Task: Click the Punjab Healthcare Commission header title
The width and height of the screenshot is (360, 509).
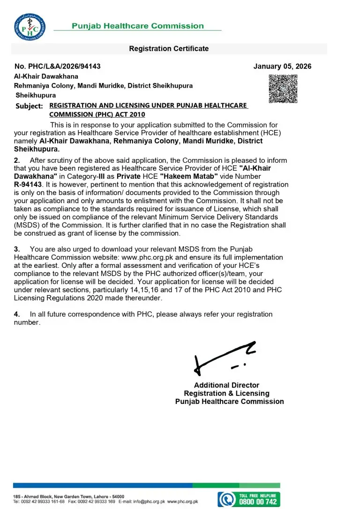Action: coord(137,26)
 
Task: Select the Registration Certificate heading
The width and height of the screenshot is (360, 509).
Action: coord(169,49)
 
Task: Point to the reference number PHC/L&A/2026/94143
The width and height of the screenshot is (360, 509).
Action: coord(58,67)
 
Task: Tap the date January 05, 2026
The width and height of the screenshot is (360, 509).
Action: coord(282,67)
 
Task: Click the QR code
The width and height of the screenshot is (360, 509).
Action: coord(283,89)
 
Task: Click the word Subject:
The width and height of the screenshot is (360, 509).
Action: coord(29,106)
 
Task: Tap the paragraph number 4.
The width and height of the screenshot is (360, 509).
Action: coord(17,314)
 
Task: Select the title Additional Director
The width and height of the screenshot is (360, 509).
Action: coord(226,386)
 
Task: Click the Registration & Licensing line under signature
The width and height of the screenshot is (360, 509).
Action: coord(226,394)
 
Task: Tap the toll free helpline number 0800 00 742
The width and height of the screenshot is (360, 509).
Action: coord(259,501)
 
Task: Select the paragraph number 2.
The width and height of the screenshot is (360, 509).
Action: coord(17,160)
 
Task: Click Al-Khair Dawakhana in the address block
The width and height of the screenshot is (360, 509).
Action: coord(46,76)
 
